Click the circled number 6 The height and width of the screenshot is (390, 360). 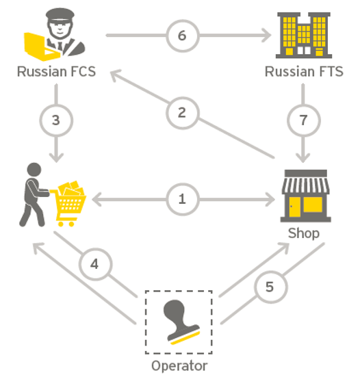[x=183, y=36]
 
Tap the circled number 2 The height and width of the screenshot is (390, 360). [x=183, y=113]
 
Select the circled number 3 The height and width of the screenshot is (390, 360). [x=56, y=120]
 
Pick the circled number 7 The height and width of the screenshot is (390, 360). [x=303, y=120]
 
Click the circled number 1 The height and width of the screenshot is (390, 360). [x=183, y=199]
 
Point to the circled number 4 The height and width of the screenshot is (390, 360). [x=95, y=264]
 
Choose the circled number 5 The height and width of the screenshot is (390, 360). [x=270, y=287]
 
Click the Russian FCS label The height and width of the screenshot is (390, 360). [x=56, y=72]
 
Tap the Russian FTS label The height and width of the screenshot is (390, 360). [x=304, y=72]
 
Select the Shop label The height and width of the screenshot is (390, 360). [x=303, y=233]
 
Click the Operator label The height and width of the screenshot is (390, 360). [x=179, y=366]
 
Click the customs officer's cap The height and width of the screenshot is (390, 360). [x=60, y=16]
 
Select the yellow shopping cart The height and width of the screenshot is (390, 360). [x=68, y=203]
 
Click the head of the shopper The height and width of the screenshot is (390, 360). [x=34, y=170]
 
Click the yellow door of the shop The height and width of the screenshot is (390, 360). [x=294, y=207]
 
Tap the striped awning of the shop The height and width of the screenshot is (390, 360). [x=305, y=185]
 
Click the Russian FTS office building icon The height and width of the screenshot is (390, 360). [x=304, y=35]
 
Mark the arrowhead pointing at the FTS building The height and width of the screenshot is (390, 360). [x=268, y=36]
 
